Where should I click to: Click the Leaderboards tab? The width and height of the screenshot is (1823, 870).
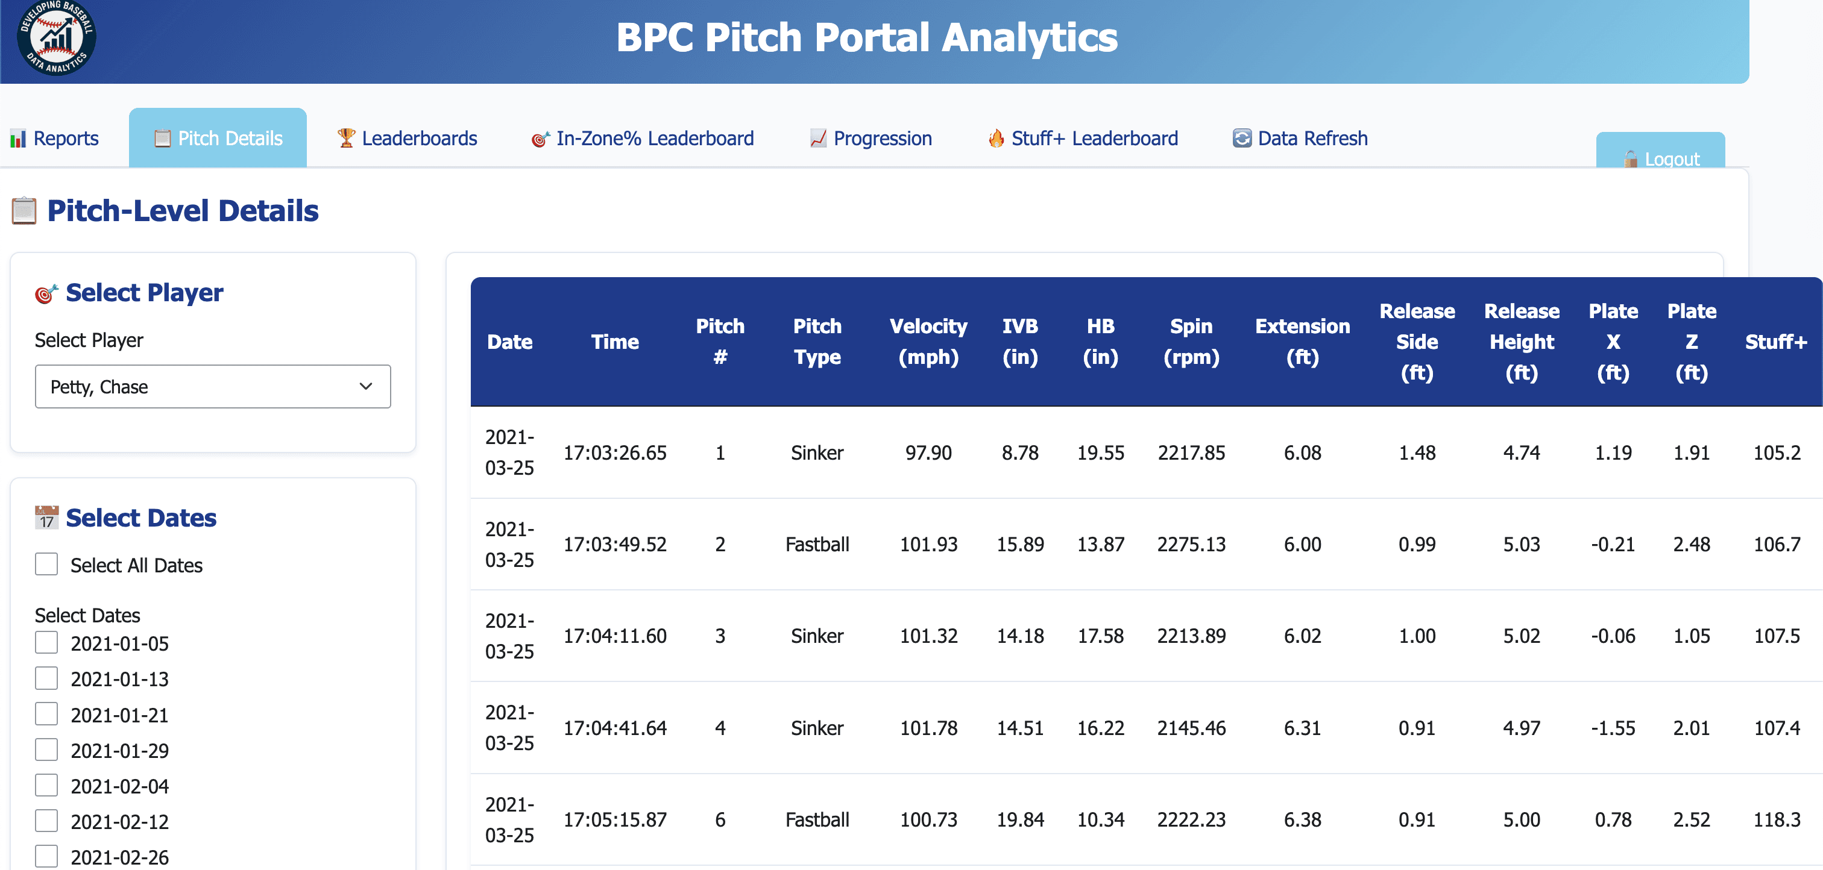407,138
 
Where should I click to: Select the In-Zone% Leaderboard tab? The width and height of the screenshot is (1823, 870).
643,138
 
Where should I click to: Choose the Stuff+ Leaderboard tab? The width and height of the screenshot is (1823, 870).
1083,138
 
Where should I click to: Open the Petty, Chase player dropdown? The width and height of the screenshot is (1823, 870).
212,387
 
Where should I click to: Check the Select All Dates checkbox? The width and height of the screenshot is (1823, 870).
46,565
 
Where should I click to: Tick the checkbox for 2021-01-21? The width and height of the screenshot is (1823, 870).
46,715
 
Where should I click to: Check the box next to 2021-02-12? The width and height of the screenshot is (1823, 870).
46,821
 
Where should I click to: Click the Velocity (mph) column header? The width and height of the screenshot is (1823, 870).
928,342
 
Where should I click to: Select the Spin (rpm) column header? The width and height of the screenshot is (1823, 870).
1191,342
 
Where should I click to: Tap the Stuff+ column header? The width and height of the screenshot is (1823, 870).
1775,342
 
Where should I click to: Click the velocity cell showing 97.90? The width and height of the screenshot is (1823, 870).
928,452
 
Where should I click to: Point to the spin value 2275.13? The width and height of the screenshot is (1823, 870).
1191,545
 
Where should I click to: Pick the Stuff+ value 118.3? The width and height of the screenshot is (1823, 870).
1777,820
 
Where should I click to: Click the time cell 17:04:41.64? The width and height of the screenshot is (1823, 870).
614,728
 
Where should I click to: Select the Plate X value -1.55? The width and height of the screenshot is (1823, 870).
1613,728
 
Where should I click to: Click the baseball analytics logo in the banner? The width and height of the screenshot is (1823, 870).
57,37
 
